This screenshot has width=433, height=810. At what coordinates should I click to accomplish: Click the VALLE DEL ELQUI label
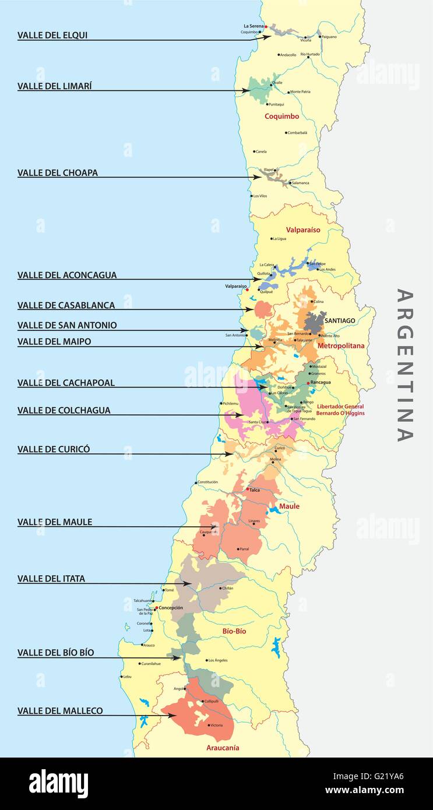pyautogui.click(x=52, y=35)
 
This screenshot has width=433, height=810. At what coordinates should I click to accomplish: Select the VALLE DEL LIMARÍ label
pyautogui.click(x=55, y=86)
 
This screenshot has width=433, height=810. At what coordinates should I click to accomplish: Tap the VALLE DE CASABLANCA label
pyautogui.click(x=66, y=305)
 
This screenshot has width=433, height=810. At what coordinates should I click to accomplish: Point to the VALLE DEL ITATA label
pyautogui.click(x=51, y=579)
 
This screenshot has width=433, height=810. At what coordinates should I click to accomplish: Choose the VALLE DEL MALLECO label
pyautogui.click(x=60, y=711)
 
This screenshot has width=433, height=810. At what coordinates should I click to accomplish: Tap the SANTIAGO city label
pyautogui.click(x=340, y=321)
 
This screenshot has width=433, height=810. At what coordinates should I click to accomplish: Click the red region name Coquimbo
pyautogui.click(x=281, y=116)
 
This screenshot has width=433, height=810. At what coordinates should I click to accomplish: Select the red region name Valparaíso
pyautogui.click(x=303, y=230)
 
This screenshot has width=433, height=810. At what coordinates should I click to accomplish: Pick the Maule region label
pyautogui.click(x=289, y=506)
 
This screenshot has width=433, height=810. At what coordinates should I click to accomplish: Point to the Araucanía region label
pyautogui.click(x=223, y=748)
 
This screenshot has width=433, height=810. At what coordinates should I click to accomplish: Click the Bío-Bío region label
pyautogui.click(x=234, y=631)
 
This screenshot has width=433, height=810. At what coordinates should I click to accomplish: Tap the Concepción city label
pyautogui.click(x=171, y=608)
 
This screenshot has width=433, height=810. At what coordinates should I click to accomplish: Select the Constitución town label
pyautogui.click(x=208, y=482)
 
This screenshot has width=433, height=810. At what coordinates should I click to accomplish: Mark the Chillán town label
pyautogui.click(x=227, y=589)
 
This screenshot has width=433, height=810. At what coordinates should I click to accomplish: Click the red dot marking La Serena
pyautogui.click(x=266, y=27)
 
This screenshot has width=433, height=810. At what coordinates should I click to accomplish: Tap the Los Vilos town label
pyautogui.click(x=260, y=196)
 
